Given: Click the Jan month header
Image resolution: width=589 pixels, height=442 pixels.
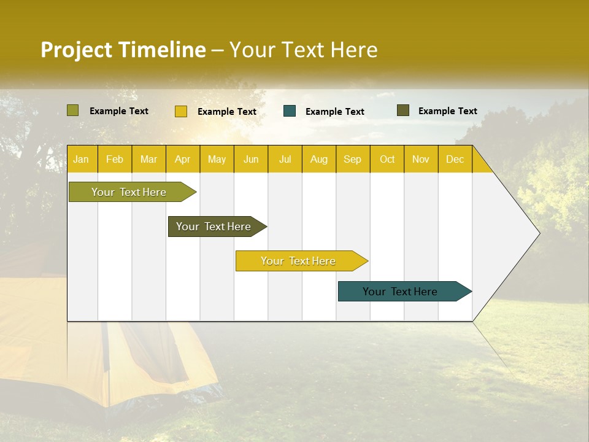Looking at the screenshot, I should [82, 159].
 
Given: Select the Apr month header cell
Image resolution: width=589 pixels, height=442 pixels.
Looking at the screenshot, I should [183, 159].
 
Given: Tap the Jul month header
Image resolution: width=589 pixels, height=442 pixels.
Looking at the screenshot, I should [285, 159].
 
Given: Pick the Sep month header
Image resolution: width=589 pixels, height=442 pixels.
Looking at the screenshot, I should [353, 159].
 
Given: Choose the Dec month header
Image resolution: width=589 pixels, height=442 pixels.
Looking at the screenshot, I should [455, 159].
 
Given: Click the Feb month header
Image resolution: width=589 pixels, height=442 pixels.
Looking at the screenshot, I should [115, 159].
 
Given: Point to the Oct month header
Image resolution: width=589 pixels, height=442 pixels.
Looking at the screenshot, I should [387, 159].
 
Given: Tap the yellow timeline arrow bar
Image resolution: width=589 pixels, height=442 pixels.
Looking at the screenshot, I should [299, 261].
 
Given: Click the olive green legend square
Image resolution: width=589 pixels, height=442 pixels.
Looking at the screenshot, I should [72, 110].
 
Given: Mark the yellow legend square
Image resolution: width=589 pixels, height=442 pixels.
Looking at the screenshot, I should [180, 111].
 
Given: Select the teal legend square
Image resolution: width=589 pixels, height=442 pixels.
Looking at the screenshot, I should [290, 110].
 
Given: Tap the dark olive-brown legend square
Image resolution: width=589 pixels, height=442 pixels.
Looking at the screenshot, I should [402, 110].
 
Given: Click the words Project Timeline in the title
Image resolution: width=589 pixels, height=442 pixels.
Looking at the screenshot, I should [123, 50].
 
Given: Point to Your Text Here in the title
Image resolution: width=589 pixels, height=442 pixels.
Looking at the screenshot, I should [303, 50].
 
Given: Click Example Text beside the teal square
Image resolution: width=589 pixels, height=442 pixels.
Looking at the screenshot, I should [335, 112].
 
